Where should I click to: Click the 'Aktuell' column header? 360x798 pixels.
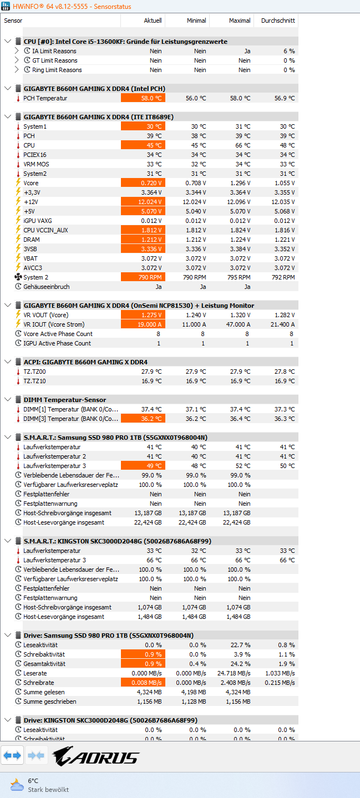(x=152, y=21)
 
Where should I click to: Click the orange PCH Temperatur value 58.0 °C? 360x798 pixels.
(x=143, y=98)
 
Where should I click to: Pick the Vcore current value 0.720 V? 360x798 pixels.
(x=143, y=183)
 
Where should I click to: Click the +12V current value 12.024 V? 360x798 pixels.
(x=143, y=202)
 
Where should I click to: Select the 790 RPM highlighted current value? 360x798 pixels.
(x=143, y=277)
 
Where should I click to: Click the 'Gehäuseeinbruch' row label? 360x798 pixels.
(x=47, y=287)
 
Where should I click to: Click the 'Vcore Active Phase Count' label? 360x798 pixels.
(x=58, y=334)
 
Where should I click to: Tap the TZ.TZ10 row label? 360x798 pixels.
(x=34, y=381)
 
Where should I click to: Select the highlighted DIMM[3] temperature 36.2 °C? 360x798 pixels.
(x=143, y=419)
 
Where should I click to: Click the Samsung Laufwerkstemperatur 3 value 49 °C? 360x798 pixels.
(x=143, y=466)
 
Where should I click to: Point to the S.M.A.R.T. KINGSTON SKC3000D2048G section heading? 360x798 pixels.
(x=117, y=541)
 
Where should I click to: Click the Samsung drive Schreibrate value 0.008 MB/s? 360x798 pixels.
(x=143, y=683)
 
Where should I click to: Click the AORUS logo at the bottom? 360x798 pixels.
(x=96, y=756)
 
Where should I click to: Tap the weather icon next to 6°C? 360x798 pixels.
(x=17, y=785)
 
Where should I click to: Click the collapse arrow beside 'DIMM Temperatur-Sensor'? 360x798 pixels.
(x=7, y=400)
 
